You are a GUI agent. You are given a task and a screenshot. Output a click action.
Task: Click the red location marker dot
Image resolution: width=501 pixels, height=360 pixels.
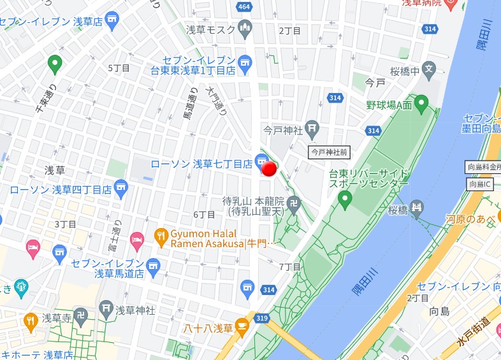coord(269,168)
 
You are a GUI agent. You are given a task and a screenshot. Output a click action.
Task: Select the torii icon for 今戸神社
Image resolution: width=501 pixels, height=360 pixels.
coord(312,129)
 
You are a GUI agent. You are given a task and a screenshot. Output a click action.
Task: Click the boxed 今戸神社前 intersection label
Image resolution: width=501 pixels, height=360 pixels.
coord(330,152)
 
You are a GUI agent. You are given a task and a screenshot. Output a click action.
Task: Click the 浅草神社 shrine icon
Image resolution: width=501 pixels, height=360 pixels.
coord(106,310)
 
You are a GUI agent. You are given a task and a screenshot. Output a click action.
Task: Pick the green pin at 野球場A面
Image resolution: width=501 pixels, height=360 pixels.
coord(421,102)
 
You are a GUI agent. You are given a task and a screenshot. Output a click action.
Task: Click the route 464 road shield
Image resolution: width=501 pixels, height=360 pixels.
coord(243,6)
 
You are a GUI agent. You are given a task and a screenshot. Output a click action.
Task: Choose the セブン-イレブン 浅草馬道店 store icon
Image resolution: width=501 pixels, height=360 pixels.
coord(152,264)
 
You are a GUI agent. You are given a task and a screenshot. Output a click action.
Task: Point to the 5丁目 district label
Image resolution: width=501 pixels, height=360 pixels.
coord(119,68)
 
